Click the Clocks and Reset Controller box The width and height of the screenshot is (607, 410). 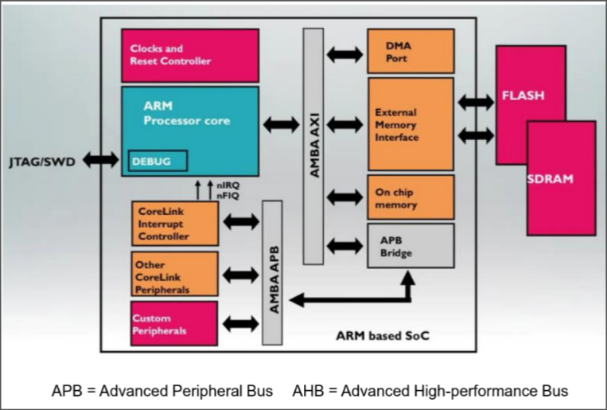pyautogui.click(x=189, y=55)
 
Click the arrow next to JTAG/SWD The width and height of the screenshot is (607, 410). pyautogui.click(x=101, y=160)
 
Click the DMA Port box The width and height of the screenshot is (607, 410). pyautogui.click(x=410, y=52)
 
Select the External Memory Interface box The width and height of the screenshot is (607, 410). pyautogui.click(x=410, y=124)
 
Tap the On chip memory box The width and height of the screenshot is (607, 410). pyautogui.click(x=410, y=197)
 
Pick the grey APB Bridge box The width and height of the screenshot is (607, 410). pyautogui.click(x=410, y=245)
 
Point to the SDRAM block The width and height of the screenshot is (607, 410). pyautogui.click(x=561, y=178)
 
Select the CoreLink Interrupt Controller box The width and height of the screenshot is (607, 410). pyautogui.click(x=174, y=223)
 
